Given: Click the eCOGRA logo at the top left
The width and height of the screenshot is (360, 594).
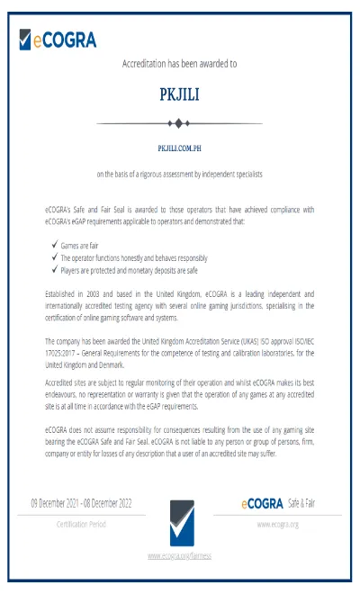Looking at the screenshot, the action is point(57,39).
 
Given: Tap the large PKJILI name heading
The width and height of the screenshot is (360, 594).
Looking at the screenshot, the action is point(179,94).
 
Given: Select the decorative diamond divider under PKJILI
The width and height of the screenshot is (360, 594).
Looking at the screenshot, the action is point(179,122).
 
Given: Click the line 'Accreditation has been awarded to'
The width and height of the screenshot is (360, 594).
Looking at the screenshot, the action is point(179,64).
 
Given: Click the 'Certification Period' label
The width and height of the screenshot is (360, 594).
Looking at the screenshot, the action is point(81,524).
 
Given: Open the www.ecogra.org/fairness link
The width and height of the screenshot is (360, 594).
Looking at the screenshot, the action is point(179,556).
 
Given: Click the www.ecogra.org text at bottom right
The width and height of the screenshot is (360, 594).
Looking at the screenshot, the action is point(277,524).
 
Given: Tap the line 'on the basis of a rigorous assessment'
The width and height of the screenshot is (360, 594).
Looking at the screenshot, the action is point(179,173).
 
